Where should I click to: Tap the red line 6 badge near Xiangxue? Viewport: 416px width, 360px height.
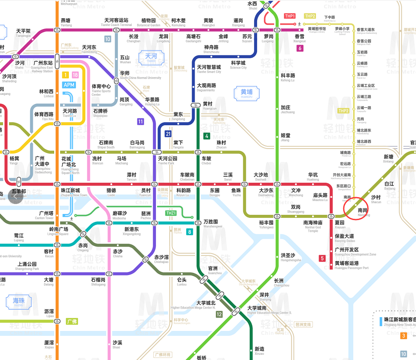click(x=300, y=49)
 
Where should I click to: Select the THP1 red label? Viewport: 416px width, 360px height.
click(x=290, y=16)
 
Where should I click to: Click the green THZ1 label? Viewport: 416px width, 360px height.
click(x=171, y=213)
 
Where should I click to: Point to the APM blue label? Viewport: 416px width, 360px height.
click(x=69, y=85)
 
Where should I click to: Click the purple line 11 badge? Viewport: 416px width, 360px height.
click(x=140, y=122)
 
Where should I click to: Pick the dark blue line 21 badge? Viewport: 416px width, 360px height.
click(x=168, y=134)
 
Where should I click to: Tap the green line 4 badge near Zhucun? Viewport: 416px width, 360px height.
click(x=207, y=136)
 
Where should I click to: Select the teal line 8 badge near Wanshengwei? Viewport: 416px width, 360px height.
click(x=190, y=232)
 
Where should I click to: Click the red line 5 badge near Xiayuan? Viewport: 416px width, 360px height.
click(x=322, y=259)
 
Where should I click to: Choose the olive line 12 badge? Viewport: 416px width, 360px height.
click(x=219, y=315)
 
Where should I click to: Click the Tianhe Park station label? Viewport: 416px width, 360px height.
click(x=168, y=161)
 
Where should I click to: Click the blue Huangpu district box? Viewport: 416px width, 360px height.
click(x=246, y=93)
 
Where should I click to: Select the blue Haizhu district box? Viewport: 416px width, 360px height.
click(x=18, y=302)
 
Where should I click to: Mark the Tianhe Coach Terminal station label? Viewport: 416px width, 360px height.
click(x=116, y=22)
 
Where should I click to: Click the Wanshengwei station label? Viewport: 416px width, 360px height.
click(x=213, y=224)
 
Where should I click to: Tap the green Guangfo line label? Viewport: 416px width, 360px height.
click(x=72, y=321)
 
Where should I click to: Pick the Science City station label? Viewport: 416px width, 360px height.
click(x=238, y=65)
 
